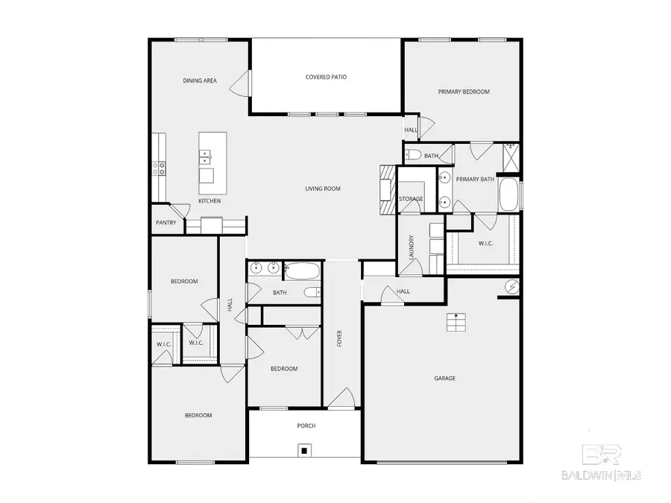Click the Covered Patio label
click(326, 77)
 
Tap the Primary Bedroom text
click(463, 91)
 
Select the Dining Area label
click(200, 80)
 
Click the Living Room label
click(322, 189)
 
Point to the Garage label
click(444, 378)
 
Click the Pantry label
click(166, 222)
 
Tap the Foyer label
click(340, 338)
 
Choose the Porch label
click(306, 426)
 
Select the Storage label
click(411, 199)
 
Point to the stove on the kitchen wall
click(159, 168)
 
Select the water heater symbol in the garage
click(512, 285)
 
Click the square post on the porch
click(304, 449)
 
